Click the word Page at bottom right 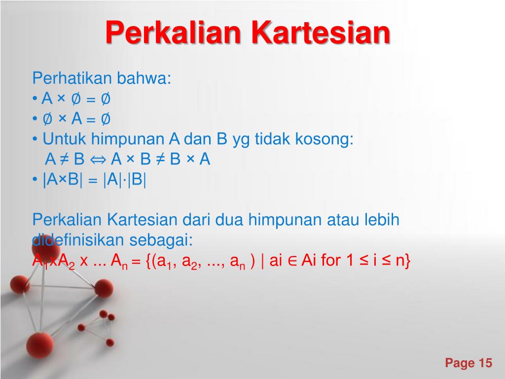459,364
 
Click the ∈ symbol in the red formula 291,261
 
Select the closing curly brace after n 407,261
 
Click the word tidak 273,140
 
